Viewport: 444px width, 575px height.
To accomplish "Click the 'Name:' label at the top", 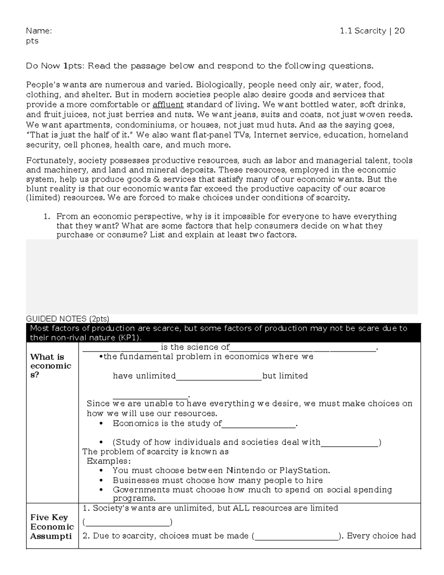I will point(39,31).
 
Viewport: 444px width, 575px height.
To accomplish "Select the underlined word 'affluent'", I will point(168,104).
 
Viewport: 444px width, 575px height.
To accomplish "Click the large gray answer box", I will point(222,277).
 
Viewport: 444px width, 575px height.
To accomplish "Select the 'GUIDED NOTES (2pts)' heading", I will point(68,319).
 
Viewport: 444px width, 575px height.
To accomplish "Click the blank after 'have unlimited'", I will point(219,377).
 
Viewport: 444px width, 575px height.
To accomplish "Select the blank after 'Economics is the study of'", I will point(259,424).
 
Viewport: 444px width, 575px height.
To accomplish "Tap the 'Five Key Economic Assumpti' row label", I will point(52,527).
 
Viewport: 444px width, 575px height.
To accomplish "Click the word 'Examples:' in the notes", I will point(109,461).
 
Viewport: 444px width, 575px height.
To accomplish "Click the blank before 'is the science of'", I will point(120,348).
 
